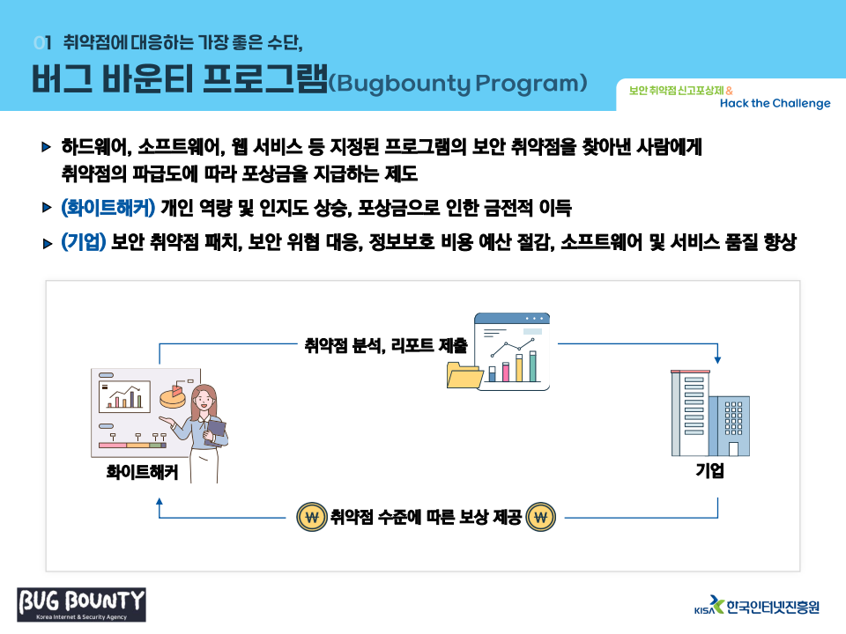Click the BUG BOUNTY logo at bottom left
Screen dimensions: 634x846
[81, 604]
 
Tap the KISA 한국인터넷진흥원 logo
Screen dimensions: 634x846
[757, 606]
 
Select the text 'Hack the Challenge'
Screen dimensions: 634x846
[775, 103]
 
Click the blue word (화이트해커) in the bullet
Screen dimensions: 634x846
[108, 209]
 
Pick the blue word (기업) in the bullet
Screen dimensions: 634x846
[84, 243]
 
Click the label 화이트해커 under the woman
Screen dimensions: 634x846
[142, 472]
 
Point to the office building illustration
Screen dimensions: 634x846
[709, 412]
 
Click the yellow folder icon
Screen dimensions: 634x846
[464, 375]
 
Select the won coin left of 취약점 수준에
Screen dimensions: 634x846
[311, 517]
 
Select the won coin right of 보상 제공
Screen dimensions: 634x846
[540, 517]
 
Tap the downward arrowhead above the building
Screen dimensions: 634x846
[717, 360]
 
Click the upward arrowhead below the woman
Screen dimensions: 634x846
[160, 501]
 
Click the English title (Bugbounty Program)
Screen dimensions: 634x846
[457, 83]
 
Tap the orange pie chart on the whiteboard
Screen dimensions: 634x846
[171, 397]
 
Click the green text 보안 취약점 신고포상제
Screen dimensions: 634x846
[676, 90]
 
